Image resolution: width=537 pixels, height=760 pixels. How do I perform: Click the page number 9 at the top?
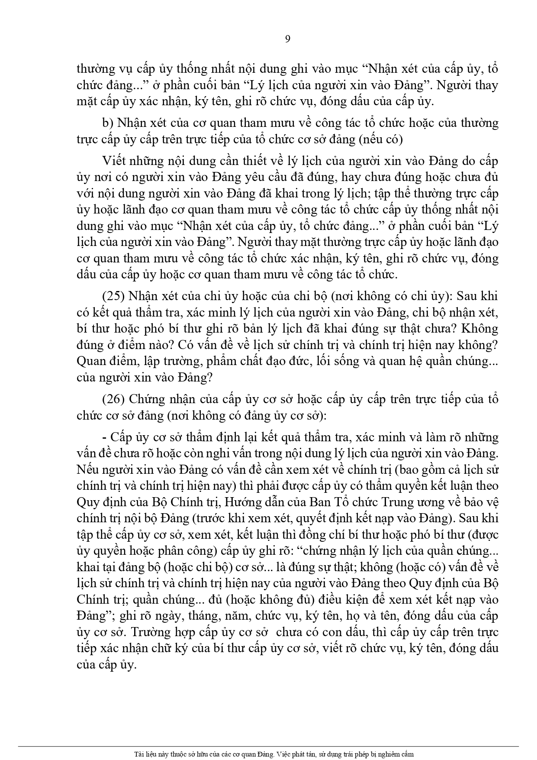(288, 39)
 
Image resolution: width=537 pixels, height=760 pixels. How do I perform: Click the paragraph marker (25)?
(113, 297)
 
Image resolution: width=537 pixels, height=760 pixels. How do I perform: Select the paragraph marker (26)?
(113, 399)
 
